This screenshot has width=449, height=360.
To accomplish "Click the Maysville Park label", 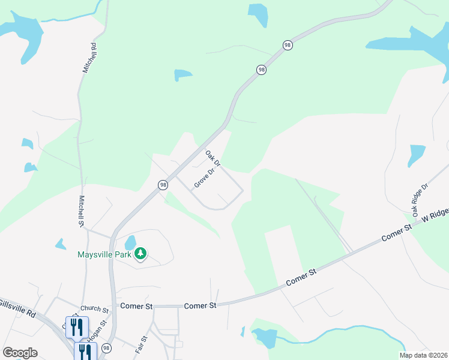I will pyautogui.click(x=104, y=254).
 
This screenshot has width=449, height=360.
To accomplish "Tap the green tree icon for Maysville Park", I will pyautogui.click(x=140, y=254).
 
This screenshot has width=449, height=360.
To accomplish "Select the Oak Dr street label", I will pyautogui.click(x=213, y=159).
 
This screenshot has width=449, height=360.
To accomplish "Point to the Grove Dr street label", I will pyautogui.click(x=204, y=178).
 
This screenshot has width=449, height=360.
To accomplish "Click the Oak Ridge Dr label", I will pyautogui.click(x=420, y=199).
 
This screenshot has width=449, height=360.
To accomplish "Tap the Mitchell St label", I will pyautogui.click(x=81, y=211).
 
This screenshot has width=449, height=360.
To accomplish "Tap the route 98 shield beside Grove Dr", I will pyautogui.click(x=163, y=185).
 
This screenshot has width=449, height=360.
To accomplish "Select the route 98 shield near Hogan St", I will pyautogui.click(x=106, y=348).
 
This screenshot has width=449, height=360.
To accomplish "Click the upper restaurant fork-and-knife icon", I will pyautogui.click(x=77, y=327).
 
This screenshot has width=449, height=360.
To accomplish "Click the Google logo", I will pyautogui.click(x=20, y=353).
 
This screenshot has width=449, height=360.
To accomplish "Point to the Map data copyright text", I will pyautogui.click(x=424, y=355).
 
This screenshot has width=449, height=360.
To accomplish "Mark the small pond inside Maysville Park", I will pyautogui.click(x=130, y=243).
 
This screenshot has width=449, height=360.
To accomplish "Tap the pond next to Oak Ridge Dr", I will pyautogui.click(x=416, y=155).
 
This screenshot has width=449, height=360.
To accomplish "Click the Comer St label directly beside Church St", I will pyautogui.click(x=137, y=305).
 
